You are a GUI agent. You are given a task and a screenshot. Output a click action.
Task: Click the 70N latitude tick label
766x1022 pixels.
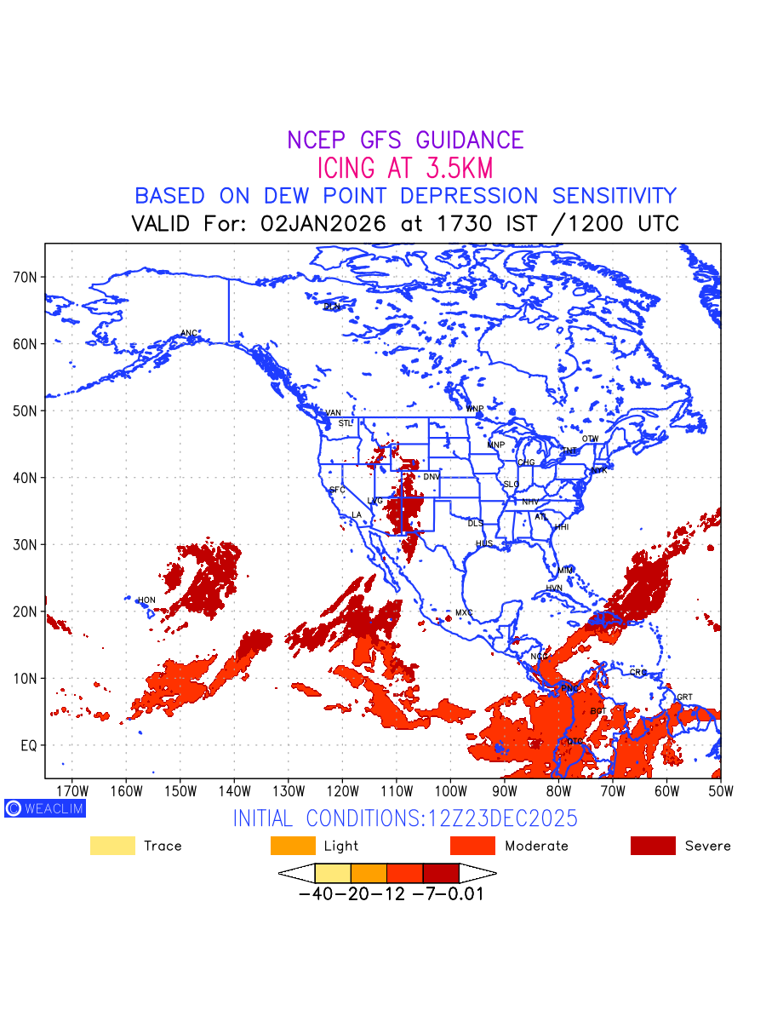(x=25, y=277)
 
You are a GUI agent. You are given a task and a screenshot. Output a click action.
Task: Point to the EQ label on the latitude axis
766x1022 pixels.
(x=29, y=745)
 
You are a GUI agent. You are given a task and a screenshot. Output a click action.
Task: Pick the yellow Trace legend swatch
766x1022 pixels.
(x=112, y=846)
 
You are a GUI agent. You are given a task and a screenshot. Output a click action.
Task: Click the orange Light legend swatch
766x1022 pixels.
(x=293, y=846)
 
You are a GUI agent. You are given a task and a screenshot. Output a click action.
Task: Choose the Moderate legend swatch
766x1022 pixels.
(x=472, y=846)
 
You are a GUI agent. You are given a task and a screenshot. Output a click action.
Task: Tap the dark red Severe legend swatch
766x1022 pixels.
(x=653, y=846)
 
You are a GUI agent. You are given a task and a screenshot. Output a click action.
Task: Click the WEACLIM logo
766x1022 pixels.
(x=45, y=808)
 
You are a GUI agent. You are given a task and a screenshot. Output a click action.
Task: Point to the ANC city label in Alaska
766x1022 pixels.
(x=189, y=333)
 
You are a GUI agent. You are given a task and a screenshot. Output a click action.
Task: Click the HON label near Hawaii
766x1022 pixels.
(x=146, y=600)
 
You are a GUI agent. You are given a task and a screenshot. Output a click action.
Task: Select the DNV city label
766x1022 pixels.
(x=432, y=477)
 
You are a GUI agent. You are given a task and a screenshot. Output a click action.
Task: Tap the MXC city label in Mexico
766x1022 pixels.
(x=463, y=612)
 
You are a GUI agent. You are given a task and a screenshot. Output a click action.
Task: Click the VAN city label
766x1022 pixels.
(x=333, y=413)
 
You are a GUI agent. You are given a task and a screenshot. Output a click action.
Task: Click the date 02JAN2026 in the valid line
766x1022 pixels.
(x=323, y=224)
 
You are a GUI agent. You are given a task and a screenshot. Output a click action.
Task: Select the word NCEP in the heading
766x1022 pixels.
(x=317, y=141)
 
